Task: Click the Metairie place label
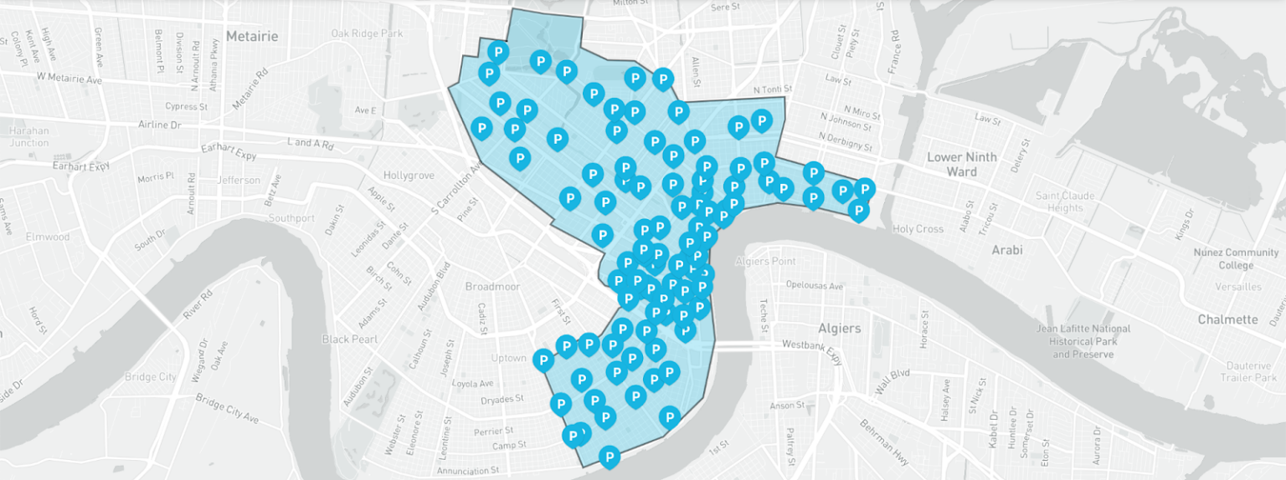tap(251, 37)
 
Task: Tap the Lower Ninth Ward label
tap(961, 164)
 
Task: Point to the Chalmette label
tap(1227, 319)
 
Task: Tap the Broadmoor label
tap(492, 286)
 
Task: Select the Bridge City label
tap(151, 376)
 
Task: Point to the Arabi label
tap(1007, 249)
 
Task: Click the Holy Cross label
tap(918, 228)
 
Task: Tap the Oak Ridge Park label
tap(367, 33)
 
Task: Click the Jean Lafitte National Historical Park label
tap(1083, 341)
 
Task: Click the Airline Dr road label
tap(159, 125)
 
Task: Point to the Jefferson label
tap(238, 180)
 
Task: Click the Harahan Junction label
tap(29, 136)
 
